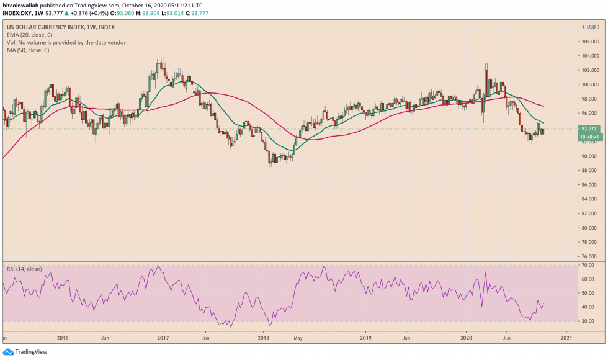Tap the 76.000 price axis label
click(x=590, y=256)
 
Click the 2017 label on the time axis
click(x=163, y=338)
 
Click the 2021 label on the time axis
click(x=566, y=338)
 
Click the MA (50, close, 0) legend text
click(x=29, y=50)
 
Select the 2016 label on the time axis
click(x=62, y=338)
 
